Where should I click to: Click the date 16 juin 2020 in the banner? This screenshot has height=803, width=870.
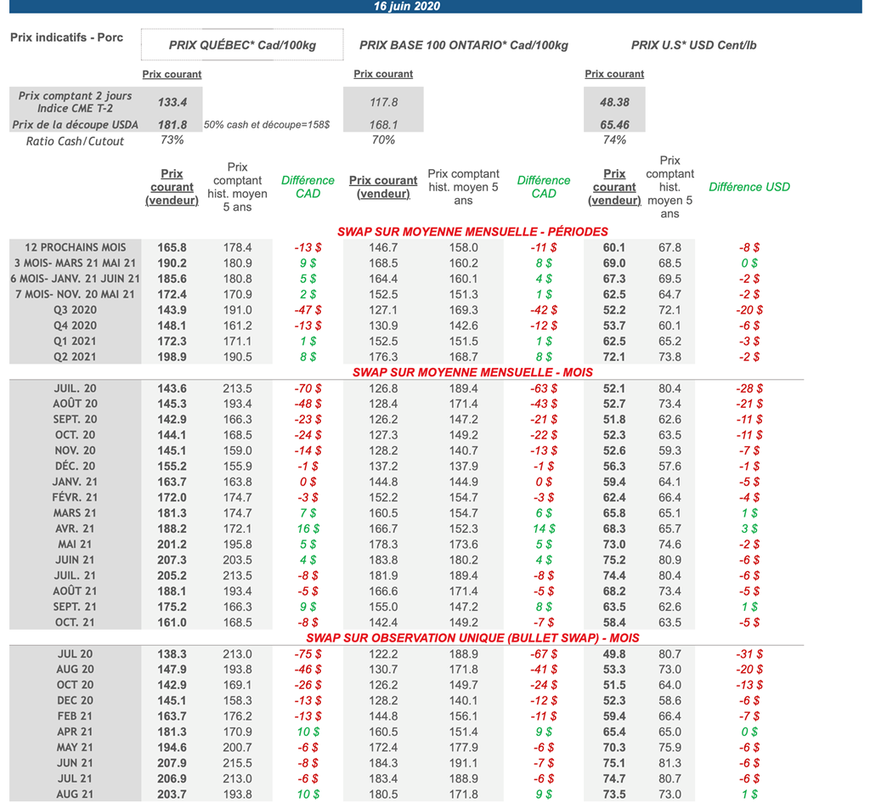click(x=407, y=7)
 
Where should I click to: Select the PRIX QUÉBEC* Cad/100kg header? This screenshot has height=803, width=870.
click(x=242, y=45)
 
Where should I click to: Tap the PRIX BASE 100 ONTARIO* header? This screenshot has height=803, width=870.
click(x=464, y=45)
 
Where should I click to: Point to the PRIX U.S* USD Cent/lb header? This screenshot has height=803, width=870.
click(x=693, y=45)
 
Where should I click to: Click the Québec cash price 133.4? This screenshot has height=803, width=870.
click(x=172, y=102)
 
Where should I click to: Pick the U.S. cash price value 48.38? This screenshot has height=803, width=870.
click(x=614, y=102)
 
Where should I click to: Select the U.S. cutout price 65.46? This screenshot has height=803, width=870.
click(x=614, y=125)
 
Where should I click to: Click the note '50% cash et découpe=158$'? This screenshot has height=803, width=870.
click(x=267, y=125)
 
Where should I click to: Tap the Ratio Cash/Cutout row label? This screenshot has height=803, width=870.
click(x=75, y=141)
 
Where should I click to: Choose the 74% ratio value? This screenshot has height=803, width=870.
click(x=614, y=140)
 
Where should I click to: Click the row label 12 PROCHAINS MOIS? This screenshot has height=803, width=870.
click(x=76, y=247)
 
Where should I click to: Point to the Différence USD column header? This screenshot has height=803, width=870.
click(x=749, y=187)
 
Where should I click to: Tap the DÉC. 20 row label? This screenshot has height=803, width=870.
click(x=75, y=466)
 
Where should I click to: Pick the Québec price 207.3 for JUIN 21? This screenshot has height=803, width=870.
click(x=172, y=560)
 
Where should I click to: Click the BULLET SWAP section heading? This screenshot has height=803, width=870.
click(x=472, y=637)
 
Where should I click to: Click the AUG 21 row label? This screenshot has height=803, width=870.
click(x=75, y=794)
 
